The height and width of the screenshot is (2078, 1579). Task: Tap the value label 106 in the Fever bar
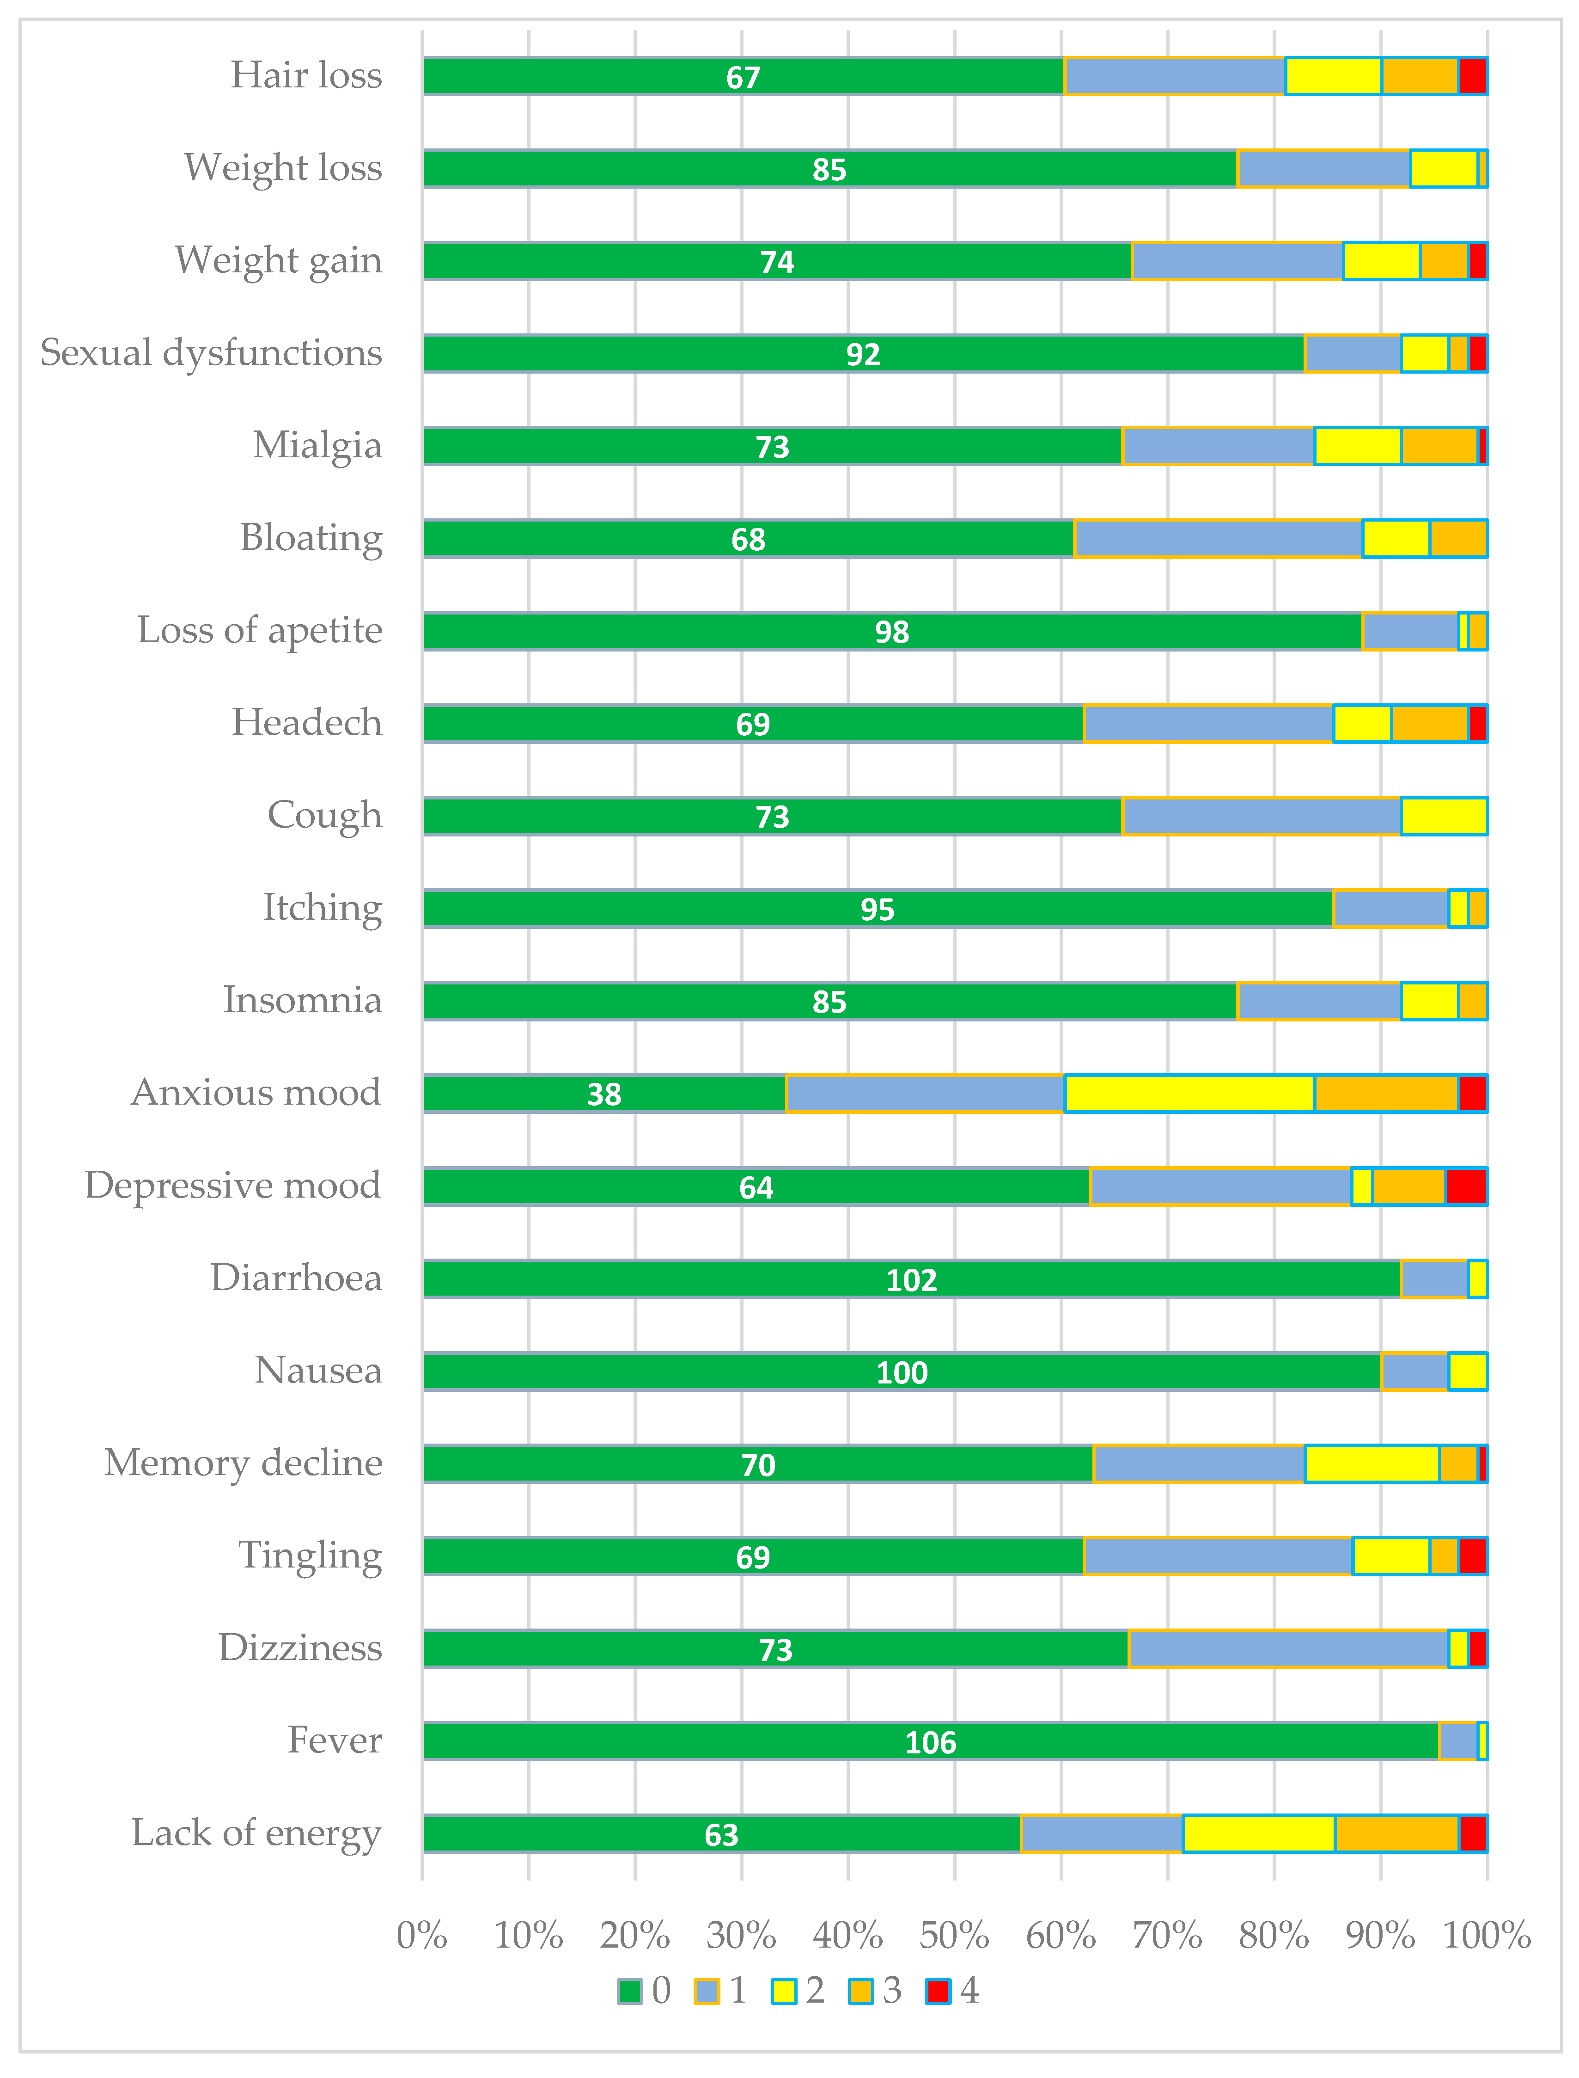point(931,1742)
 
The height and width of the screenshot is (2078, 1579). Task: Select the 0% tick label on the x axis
point(422,1936)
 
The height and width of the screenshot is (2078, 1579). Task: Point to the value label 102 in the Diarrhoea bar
point(912,1280)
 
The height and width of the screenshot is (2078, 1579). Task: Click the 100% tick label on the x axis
point(1487,1936)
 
